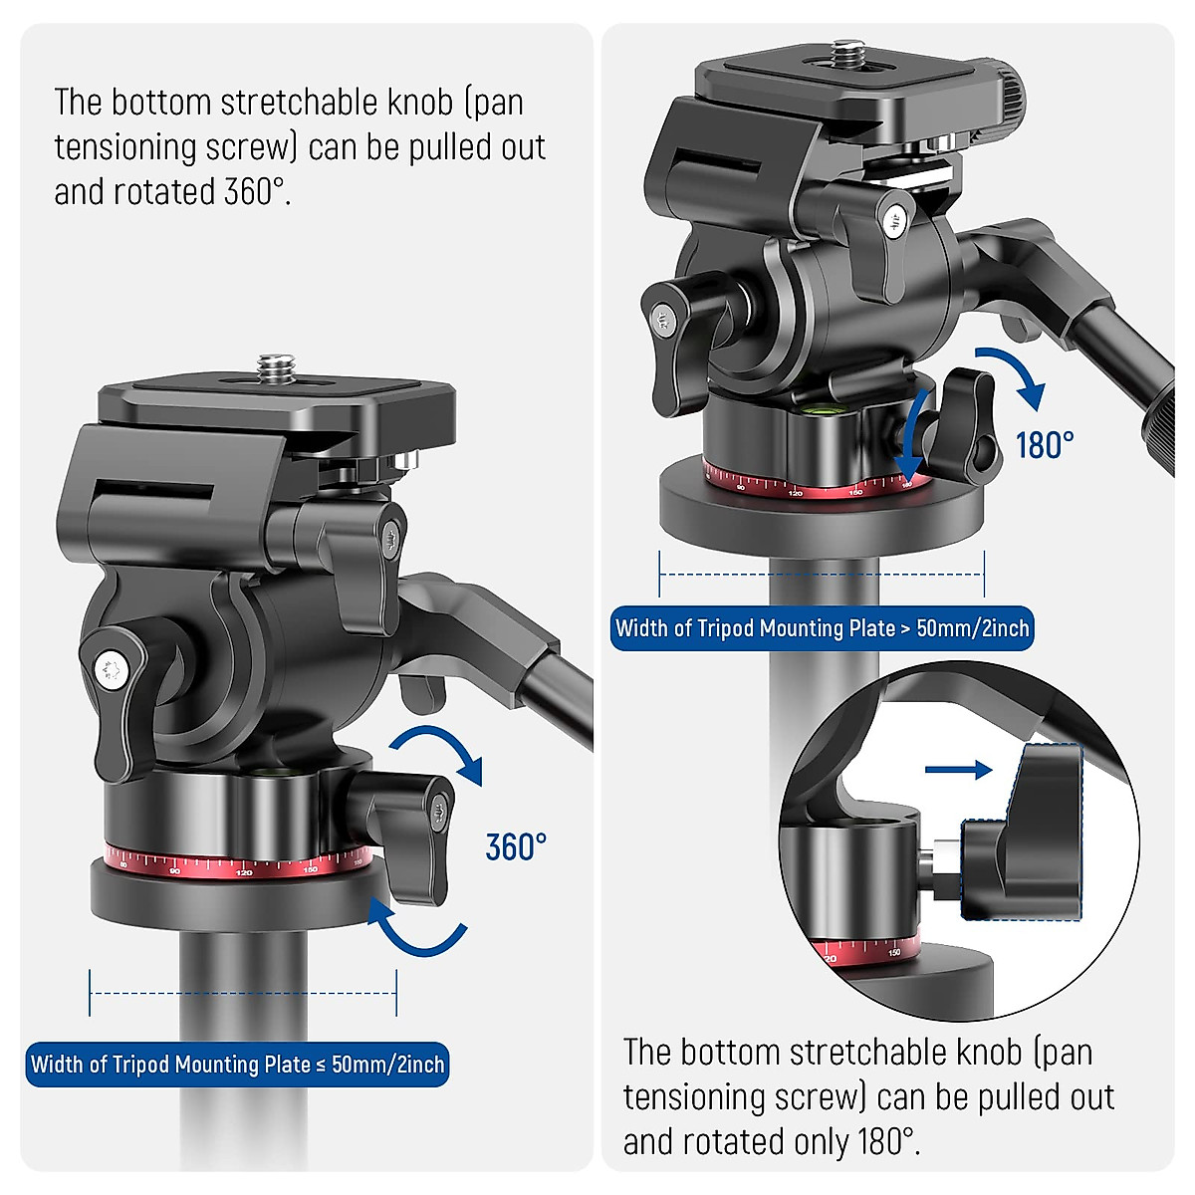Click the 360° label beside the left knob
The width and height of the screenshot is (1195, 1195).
coord(516,846)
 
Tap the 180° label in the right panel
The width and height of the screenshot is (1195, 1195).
coord(1045,444)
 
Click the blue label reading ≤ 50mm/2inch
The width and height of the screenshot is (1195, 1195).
coord(237,1065)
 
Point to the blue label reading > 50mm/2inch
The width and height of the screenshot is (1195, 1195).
coord(822,628)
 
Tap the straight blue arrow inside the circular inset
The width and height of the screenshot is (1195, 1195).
coord(958,769)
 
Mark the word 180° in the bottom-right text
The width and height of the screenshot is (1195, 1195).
coord(882,1141)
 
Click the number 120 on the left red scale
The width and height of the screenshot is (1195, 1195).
coord(244,873)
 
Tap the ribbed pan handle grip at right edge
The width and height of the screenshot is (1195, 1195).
coord(1170,428)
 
